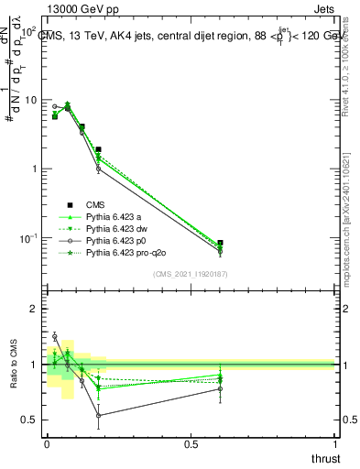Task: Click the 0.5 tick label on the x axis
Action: (x=191, y=442)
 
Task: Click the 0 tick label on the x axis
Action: (x=47, y=442)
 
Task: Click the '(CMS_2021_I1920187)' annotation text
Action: (x=191, y=273)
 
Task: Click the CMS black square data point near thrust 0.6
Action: (x=220, y=244)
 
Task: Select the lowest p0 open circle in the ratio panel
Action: (x=98, y=415)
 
